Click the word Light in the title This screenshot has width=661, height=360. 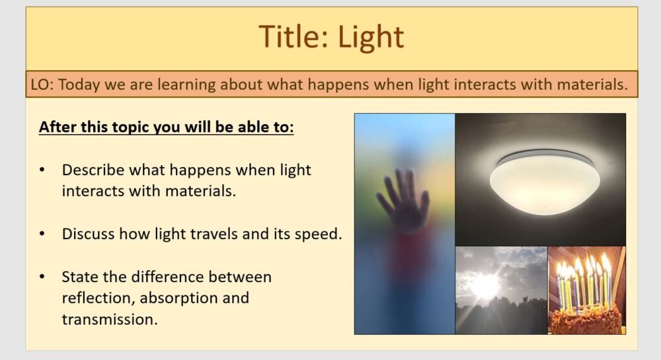click(371, 37)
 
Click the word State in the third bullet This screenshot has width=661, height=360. click(79, 276)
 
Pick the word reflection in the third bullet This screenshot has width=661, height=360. click(94, 297)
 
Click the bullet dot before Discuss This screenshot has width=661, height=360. click(42, 234)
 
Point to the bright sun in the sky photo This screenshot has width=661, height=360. click(486, 285)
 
